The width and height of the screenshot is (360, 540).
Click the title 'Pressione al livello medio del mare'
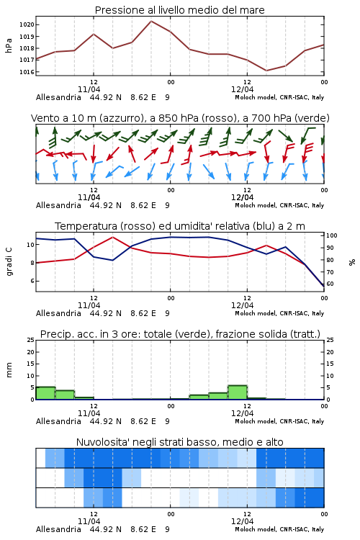click(x=179, y=10)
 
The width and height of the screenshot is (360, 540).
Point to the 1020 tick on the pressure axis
click(x=27, y=24)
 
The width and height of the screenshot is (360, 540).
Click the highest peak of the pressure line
click(x=151, y=21)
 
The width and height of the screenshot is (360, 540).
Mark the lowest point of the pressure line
click(x=266, y=71)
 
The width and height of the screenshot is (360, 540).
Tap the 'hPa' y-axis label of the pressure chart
click(x=9, y=45)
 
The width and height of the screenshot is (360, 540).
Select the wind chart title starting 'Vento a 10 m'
click(x=180, y=118)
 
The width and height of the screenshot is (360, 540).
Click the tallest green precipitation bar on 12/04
click(x=238, y=392)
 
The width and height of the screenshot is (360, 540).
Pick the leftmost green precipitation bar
click(x=45, y=393)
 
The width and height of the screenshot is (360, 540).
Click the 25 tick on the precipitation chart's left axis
click(x=31, y=340)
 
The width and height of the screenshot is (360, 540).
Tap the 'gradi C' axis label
click(x=9, y=261)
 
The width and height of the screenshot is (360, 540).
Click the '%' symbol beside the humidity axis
click(x=352, y=262)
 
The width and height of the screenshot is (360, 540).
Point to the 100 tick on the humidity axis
click(x=331, y=235)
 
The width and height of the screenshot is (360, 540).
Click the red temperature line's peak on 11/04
click(x=112, y=237)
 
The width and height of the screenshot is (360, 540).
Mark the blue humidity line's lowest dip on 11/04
click(x=112, y=260)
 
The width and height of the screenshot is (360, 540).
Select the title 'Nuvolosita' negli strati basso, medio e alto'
click(x=179, y=442)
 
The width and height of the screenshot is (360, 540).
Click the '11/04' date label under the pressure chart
click(x=89, y=89)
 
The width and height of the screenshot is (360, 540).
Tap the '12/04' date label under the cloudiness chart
click(x=242, y=521)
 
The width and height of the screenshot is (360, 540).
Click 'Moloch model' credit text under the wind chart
click(x=256, y=205)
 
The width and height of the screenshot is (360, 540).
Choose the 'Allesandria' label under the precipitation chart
click(x=58, y=421)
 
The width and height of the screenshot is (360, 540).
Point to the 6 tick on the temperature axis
click(x=32, y=281)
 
